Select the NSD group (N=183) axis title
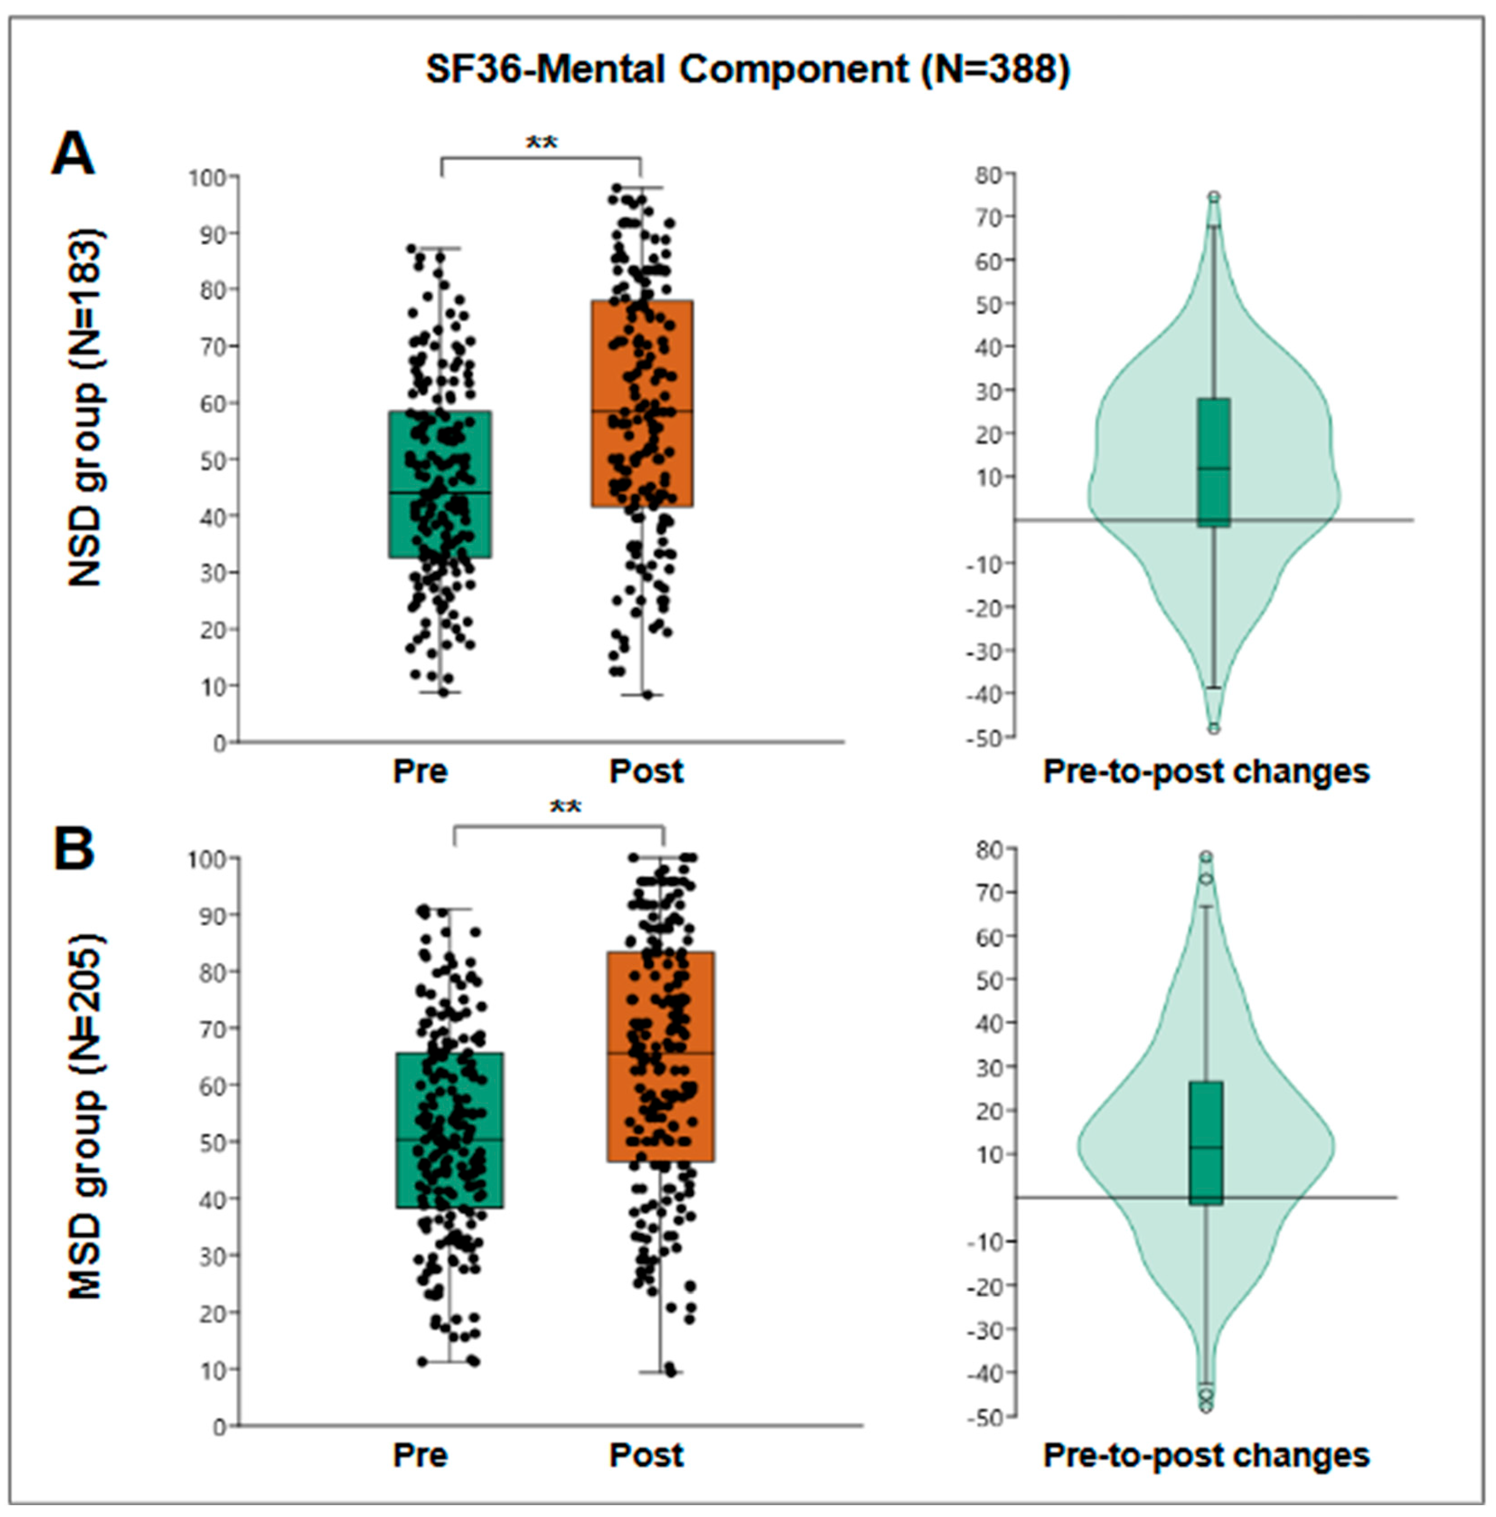point(85,409)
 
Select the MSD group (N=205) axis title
point(85,1117)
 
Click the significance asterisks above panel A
point(541,144)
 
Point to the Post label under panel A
point(646,772)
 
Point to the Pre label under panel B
point(420,1455)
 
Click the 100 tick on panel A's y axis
point(206,178)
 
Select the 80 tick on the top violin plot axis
point(989,175)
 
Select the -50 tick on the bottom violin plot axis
point(986,1417)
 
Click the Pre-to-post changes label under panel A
point(1206,772)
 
